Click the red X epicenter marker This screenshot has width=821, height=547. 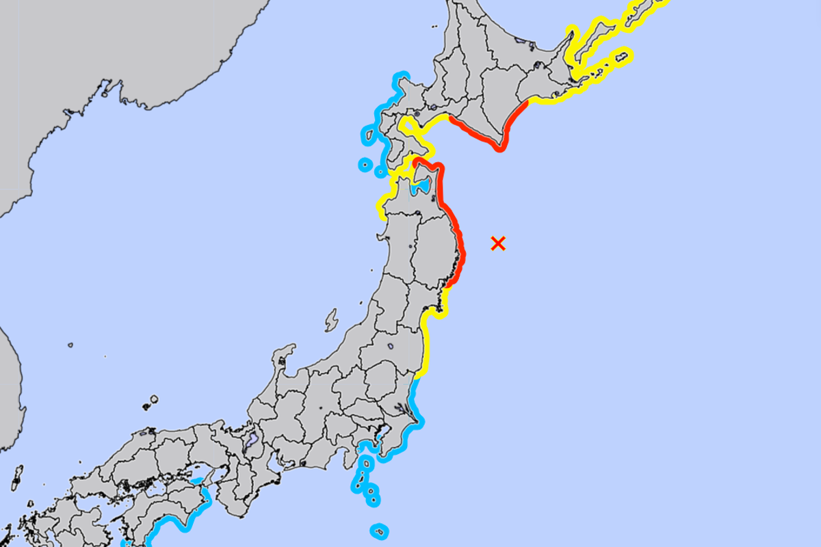[498, 243]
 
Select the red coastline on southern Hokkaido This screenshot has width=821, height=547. [479, 137]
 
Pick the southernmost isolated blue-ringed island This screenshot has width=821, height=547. [380, 531]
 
